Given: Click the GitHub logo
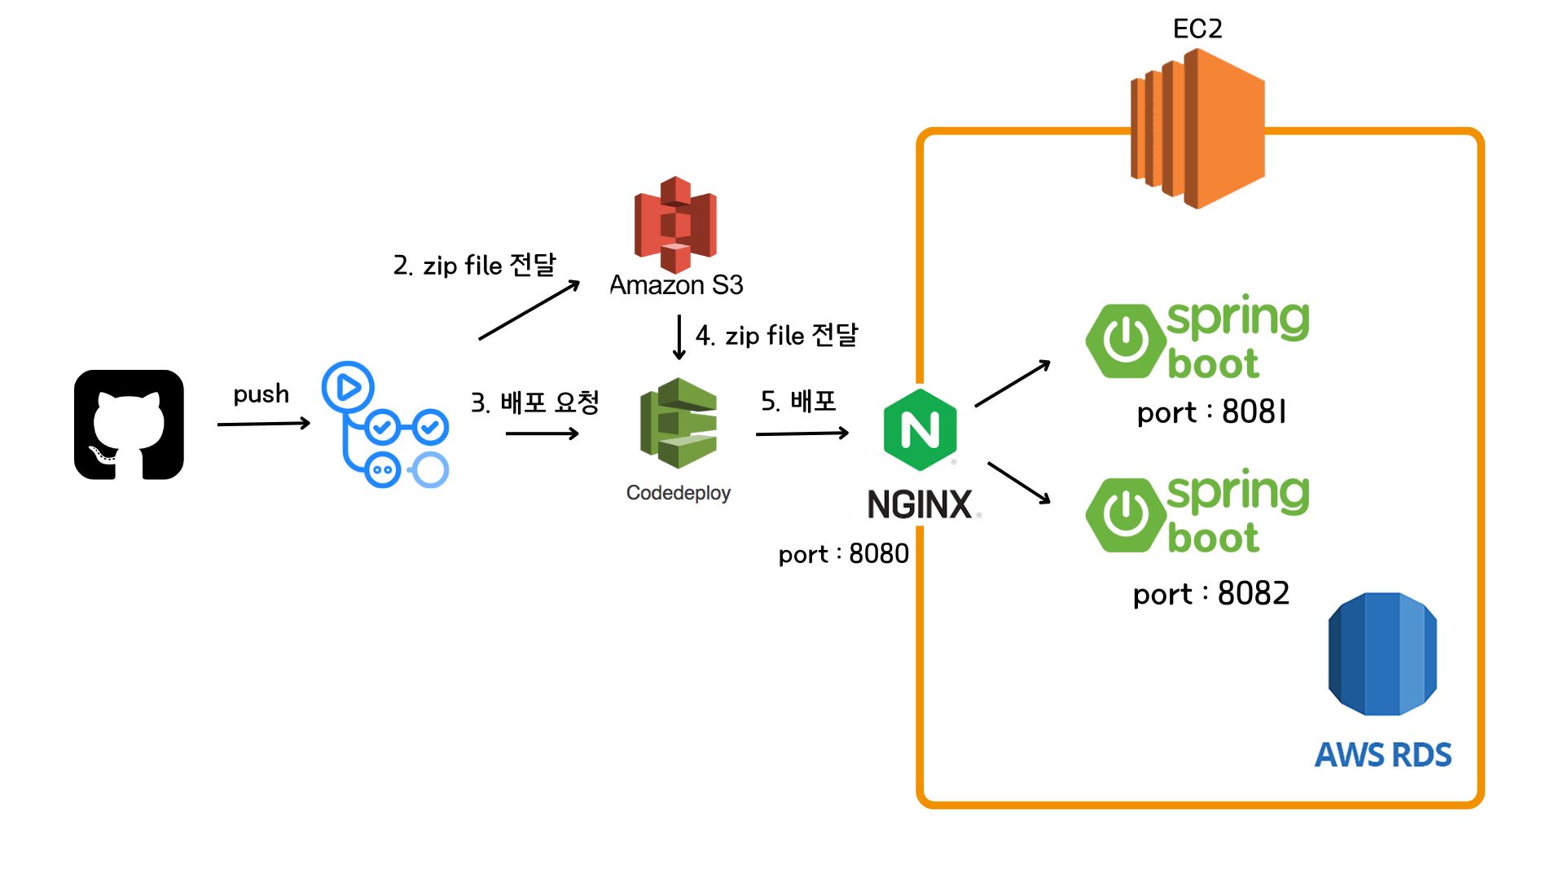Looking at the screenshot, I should pos(129,425).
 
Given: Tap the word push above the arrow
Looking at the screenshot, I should pos(261,394).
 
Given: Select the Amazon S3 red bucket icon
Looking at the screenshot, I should pos(675,224).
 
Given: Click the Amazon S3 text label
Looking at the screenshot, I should pos(676,285).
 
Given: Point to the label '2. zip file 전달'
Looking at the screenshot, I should pos(474,266).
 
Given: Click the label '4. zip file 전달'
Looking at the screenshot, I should pos(776,335).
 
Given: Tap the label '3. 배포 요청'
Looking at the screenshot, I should pos(534,403).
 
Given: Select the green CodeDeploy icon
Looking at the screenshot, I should pos(679,423).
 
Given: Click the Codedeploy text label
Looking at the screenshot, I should pos(679,493).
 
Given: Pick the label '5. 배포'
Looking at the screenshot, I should pos(798,401).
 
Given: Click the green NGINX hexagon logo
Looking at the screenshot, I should pos(920,429).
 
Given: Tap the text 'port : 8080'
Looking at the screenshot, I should pos(843,554).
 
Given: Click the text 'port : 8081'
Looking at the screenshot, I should pos(1211,412).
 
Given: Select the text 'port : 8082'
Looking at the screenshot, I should pos(1211,594).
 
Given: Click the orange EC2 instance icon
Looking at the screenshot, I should pos(1197,128).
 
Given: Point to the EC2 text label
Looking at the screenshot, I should pos(1197,29).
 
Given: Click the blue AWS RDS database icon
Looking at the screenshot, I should pos(1382,654).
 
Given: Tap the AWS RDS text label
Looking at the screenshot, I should pos(1383,755).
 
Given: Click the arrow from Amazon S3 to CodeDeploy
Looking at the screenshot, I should pos(679,337).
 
